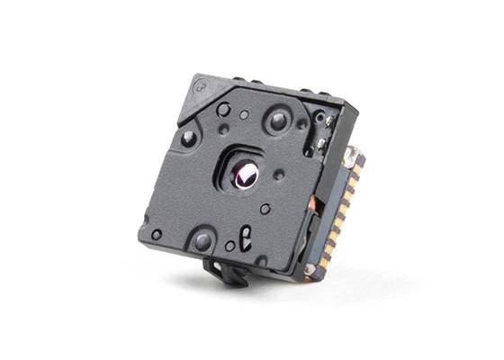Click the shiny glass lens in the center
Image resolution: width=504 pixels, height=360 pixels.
click(x=244, y=176)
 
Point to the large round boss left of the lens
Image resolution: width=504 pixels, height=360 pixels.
click(x=189, y=139)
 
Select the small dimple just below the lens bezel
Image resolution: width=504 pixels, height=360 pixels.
click(x=265, y=209)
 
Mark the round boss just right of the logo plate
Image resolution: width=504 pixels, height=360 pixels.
click(x=223, y=109)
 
